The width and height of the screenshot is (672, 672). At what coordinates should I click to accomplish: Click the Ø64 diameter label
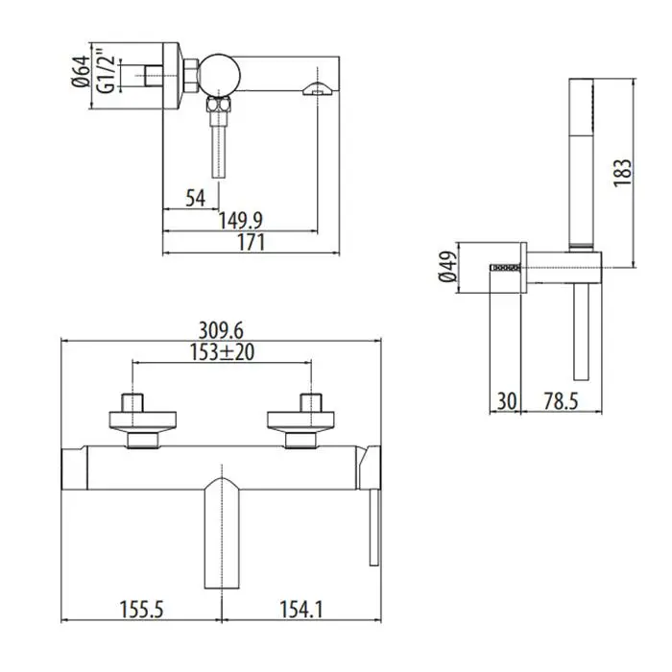(82, 71)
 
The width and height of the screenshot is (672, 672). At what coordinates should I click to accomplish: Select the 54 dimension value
(196, 198)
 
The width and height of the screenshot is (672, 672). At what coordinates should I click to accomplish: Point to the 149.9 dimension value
(240, 221)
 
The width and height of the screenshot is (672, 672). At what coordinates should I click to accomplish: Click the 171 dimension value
(252, 243)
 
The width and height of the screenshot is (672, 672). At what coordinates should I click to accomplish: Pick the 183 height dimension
(623, 172)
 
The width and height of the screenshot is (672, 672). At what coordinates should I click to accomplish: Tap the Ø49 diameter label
(446, 267)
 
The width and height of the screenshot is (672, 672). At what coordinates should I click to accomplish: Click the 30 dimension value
(507, 401)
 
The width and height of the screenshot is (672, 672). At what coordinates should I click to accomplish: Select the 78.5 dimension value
(561, 401)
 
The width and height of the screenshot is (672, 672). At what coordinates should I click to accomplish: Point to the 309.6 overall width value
(221, 331)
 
